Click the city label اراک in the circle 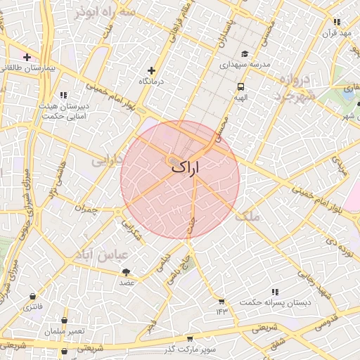185,167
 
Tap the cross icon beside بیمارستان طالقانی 27,57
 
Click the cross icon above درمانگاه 152,70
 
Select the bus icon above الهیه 241,88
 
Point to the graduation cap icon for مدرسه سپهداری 245,54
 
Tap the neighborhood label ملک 247,217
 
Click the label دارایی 108,160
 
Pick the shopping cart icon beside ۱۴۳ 222,300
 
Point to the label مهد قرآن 336,33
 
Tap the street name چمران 84,209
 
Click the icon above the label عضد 127,271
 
